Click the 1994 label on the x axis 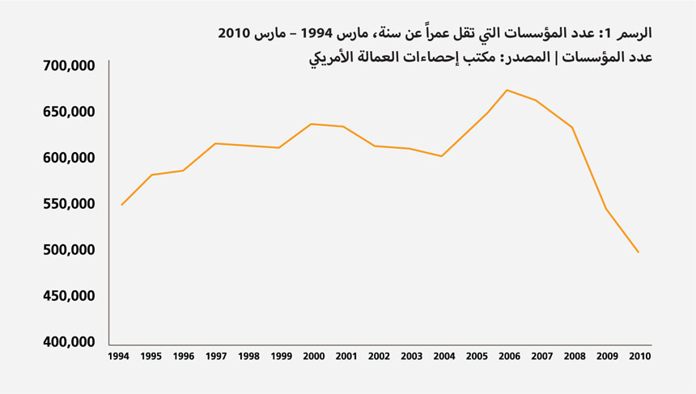118,356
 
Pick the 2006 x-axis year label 509,356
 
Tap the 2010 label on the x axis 640,356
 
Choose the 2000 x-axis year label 313,356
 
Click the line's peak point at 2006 507,90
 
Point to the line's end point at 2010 639,252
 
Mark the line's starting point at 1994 121,205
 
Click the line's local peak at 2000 312,124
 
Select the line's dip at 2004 441,156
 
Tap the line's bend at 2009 605,209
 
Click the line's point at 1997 215,143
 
